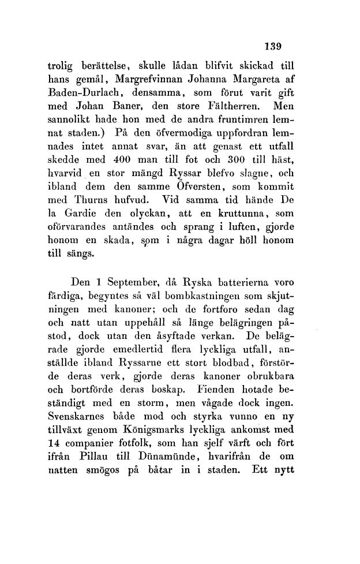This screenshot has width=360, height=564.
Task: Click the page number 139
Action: click(271, 46)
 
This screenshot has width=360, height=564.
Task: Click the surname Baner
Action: click(127, 107)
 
